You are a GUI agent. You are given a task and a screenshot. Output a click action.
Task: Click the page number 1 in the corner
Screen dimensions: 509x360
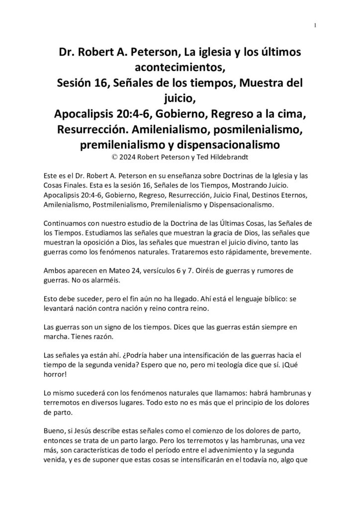tap(315, 26)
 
